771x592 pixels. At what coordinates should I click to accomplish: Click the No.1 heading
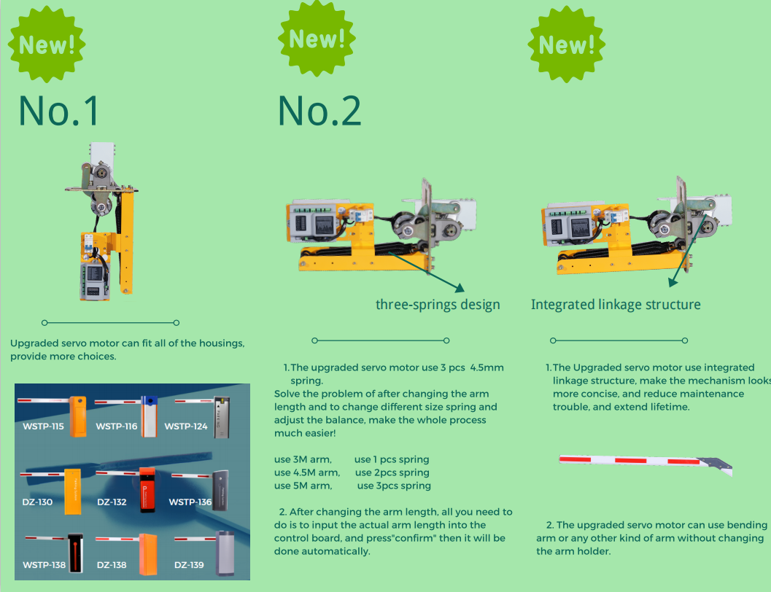[x=59, y=111]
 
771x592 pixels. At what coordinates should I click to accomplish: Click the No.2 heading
[x=319, y=111]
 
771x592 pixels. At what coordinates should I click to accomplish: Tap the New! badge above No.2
[x=317, y=39]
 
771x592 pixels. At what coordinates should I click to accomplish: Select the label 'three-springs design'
[x=438, y=305]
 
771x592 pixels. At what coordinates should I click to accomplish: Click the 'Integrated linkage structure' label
[x=616, y=305]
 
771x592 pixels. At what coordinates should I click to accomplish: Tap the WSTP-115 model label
[x=43, y=427]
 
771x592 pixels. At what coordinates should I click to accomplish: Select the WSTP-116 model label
[x=117, y=427]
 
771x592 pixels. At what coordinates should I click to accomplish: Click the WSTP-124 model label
[x=186, y=427]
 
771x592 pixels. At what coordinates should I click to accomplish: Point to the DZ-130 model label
[x=37, y=502]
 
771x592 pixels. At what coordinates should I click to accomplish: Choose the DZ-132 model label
[x=112, y=502]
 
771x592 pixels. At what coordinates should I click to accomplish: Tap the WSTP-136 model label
[x=190, y=502]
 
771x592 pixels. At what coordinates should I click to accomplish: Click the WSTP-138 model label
[x=44, y=565]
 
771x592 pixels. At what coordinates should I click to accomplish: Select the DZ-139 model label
[x=189, y=565]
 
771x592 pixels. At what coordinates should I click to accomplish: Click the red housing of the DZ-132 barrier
[x=147, y=491]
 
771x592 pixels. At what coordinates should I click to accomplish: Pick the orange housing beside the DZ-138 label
[x=148, y=554]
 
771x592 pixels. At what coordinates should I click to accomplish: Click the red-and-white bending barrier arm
[x=646, y=464]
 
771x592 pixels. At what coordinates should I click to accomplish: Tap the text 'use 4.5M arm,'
[x=307, y=472]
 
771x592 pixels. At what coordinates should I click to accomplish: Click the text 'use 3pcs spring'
[x=394, y=486]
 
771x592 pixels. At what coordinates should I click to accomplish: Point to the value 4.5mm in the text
[x=487, y=367]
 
